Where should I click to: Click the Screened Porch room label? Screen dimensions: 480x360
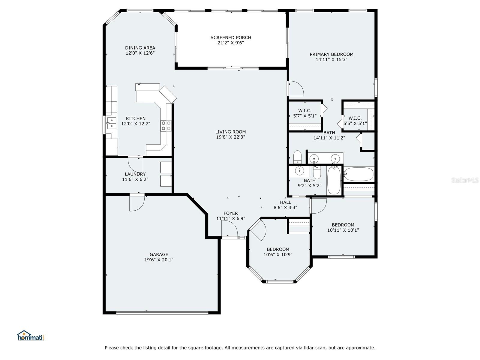point(230,37)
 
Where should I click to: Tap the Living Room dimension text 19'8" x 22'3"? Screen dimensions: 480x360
point(230,137)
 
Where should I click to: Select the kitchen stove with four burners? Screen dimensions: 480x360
point(166,126)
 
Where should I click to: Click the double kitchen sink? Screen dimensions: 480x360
point(112,123)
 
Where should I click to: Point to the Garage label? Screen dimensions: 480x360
point(159,254)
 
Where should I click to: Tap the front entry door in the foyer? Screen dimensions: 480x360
point(229,228)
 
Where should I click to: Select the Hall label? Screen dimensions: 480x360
point(285,202)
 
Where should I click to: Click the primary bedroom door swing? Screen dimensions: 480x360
point(296,88)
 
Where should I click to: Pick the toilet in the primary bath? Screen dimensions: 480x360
point(297,157)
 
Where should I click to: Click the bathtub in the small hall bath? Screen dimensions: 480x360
point(334,180)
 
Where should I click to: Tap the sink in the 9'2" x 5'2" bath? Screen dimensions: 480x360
point(299,171)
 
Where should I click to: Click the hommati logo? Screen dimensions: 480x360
point(31,335)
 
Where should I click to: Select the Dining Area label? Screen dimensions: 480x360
point(140,48)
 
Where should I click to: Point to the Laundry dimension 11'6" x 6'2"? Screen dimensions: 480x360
point(135,179)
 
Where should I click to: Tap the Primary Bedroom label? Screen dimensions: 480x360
point(331,54)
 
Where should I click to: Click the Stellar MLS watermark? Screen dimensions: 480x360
point(465,180)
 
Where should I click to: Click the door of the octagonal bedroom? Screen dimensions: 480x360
point(258,229)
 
